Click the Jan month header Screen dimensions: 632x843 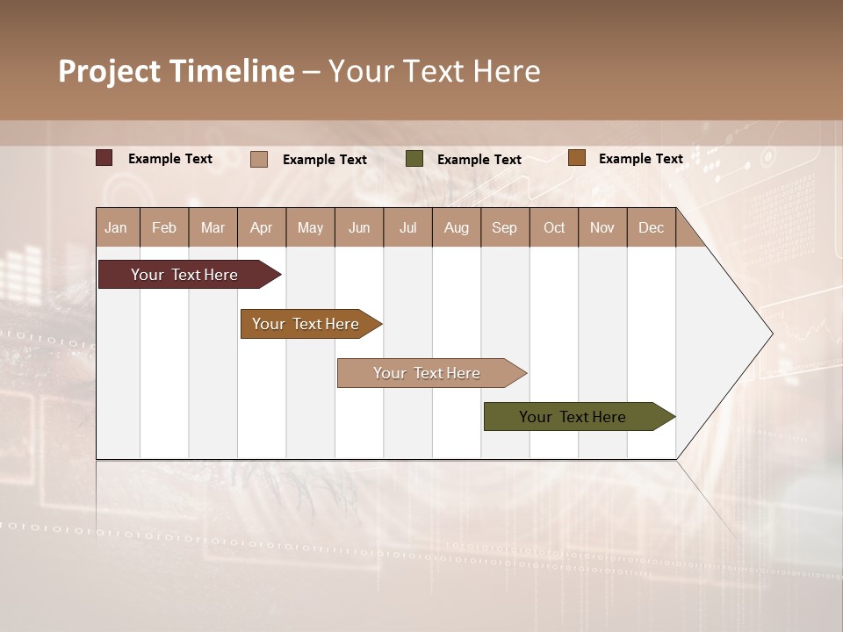[116, 227]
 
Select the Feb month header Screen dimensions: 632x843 [164, 227]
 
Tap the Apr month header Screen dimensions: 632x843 [262, 227]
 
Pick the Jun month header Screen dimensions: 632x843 [359, 227]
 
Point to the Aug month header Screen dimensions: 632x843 [457, 227]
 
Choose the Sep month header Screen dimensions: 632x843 [505, 227]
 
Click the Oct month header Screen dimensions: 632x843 [554, 227]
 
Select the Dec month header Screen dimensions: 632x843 [652, 227]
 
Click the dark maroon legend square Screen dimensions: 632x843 [104, 158]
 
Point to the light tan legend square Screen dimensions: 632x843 [259, 159]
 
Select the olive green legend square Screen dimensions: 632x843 [414, 159]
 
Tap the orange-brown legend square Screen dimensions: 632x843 [576, 158]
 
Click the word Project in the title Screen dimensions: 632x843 [110, 71]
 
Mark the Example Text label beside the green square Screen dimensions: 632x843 [479, 160]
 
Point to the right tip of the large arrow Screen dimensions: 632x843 [771, 334]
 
